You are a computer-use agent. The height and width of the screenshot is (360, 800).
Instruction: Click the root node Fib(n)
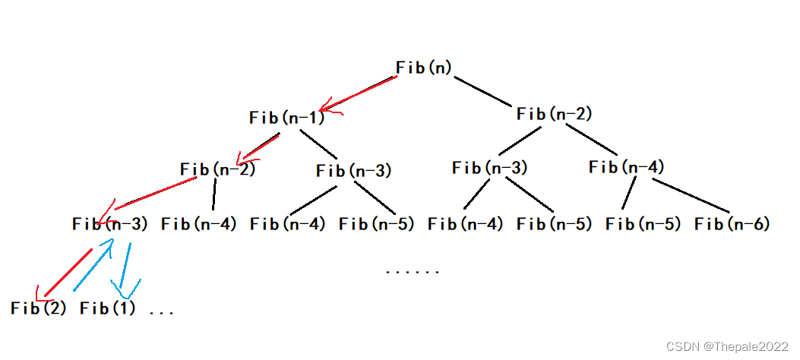[x=424, y=68]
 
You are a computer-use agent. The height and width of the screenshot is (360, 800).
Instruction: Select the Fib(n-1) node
[x=286, y=118]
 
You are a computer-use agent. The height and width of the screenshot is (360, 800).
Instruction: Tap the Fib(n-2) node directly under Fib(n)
[x=554, y=115]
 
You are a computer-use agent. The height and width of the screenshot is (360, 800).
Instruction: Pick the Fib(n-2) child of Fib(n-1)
[x=217, y=169]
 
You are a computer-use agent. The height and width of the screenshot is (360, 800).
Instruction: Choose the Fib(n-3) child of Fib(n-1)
[x=353, y=171]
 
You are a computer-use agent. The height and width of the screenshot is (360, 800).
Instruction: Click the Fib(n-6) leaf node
[x=732, y=224]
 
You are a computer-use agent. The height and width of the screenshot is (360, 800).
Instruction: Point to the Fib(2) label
[x=39, y=309]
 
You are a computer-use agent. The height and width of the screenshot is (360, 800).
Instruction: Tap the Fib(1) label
[x=107, y=309]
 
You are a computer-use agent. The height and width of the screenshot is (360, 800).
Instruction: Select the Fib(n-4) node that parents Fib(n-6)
[x=626, y=167]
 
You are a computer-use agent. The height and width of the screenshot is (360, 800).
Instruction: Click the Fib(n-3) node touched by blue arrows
[x=110, y=224]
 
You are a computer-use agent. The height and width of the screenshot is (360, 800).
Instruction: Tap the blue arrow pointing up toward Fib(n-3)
[x=94, y=266]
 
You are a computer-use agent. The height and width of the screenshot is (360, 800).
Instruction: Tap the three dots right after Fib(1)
[x=162, y=311]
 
